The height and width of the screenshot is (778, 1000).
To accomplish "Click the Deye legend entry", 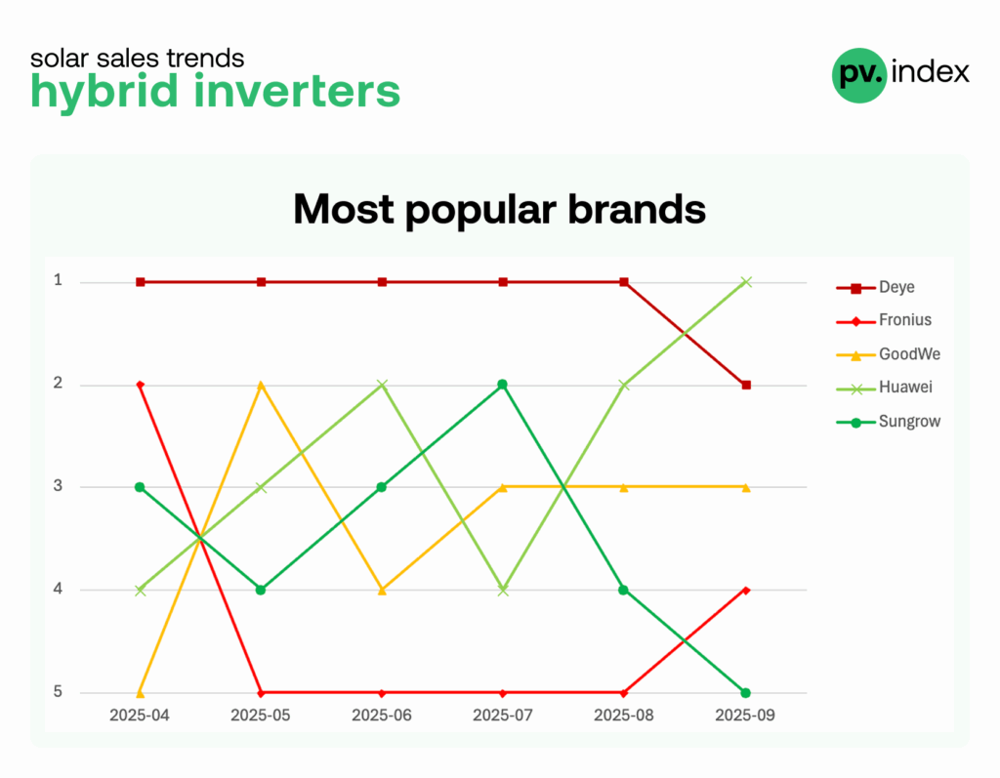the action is point(875,288).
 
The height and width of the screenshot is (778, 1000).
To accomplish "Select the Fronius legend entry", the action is point(884,320).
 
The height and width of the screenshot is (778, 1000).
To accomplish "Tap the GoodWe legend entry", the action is point(889,354).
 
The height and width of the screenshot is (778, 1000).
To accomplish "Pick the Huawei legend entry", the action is point(884,388).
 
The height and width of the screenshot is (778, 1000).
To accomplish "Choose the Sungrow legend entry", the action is point(889,422).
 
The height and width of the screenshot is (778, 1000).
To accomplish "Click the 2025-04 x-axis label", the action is point(140,716).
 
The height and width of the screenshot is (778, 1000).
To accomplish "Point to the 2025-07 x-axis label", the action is point(503,716).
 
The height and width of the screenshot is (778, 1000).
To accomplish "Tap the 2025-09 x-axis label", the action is point(745,716).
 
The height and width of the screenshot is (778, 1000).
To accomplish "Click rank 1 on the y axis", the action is point(58,280).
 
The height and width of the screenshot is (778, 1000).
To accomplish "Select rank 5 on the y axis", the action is point(58,692).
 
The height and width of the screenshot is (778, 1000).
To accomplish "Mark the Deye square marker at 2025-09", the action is point(746,386).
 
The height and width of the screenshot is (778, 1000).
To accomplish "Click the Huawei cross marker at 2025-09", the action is point(746,282).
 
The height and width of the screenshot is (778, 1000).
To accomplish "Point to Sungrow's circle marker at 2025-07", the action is point(503,385).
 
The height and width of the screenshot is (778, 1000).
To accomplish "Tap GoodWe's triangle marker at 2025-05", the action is point(261,385).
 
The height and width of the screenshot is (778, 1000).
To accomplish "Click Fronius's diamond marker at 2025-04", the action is point(141,385).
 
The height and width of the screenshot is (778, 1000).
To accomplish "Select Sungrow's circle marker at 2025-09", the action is point(746,693).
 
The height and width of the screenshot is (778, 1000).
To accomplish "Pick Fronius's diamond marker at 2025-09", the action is point(746,591).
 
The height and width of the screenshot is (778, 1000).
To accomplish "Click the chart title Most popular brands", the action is point(499,209).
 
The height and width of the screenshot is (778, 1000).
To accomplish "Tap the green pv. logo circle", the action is point(859,75).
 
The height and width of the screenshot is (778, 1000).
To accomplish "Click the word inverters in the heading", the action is point(297,91).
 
